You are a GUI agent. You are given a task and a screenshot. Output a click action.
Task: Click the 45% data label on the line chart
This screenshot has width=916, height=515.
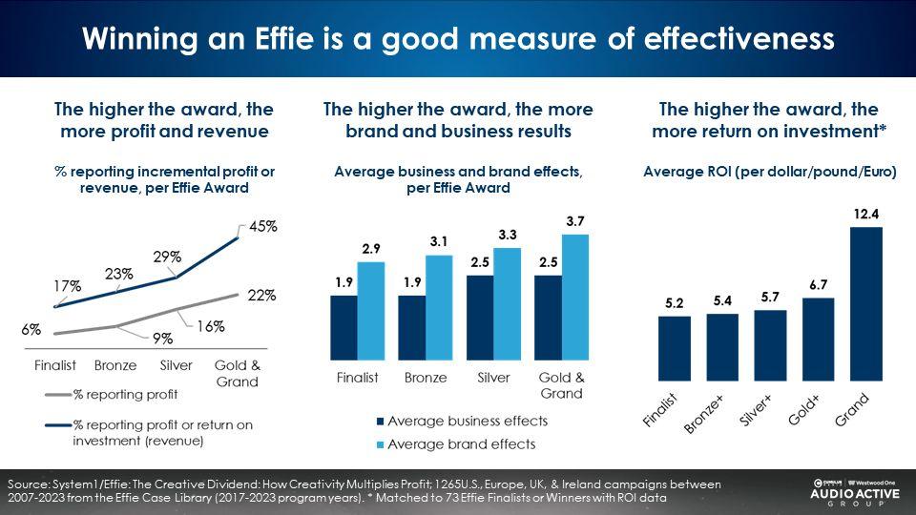click(x=263, y=227)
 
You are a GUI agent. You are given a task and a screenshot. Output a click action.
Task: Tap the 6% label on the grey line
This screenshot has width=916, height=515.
click(x=31, y=330)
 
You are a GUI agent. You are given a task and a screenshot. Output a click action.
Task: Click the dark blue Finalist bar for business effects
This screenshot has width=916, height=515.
click(x=343, y=325)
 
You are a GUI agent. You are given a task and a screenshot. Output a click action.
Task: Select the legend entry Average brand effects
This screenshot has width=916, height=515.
click(x=461, y=443)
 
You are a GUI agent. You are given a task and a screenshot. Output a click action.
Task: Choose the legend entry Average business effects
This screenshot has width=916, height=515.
click(x=468, y=421)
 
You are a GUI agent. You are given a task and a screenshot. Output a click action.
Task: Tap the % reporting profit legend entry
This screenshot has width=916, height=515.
click(x=125, y=394)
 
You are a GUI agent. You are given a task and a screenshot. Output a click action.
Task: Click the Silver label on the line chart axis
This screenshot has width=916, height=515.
click(x=176, y=366)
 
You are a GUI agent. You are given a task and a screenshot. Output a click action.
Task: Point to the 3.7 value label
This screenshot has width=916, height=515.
click(x=575, y=222)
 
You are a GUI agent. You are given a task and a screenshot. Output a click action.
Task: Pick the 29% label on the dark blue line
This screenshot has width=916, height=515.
click(x=168, y=257)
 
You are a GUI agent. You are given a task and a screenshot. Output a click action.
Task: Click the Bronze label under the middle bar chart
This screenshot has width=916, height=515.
click(x=425, y=378)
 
